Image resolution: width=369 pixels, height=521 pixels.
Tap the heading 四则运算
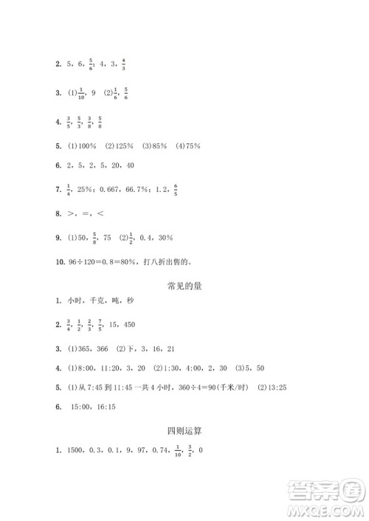pos(184,429)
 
